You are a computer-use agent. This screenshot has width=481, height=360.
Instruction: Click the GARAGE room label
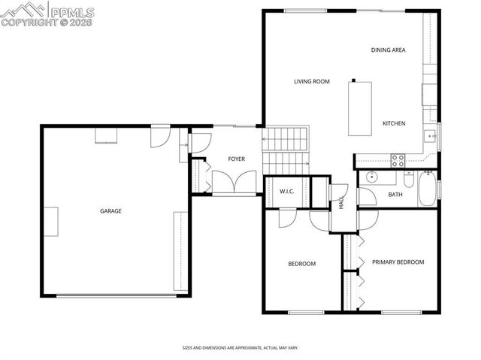[110, 211]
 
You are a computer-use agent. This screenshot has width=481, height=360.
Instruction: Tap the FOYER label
[237, 159]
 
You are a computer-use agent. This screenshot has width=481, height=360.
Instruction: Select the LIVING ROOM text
[312, 81]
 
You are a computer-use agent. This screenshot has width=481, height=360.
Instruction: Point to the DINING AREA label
[388, 50]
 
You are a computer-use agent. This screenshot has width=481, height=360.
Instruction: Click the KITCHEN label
[394, 123]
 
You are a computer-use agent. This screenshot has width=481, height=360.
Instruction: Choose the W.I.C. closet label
[286, 192]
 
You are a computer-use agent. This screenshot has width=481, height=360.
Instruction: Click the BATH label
[395, 195]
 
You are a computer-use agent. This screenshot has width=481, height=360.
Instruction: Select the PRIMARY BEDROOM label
[398, 262]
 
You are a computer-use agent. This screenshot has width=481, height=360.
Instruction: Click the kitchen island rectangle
[360, 109]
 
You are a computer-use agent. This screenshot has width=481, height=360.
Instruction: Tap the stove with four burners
[398, 160]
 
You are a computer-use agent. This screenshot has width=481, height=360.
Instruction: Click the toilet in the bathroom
[408, 179]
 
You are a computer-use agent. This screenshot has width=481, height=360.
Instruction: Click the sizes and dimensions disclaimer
[240, 348]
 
